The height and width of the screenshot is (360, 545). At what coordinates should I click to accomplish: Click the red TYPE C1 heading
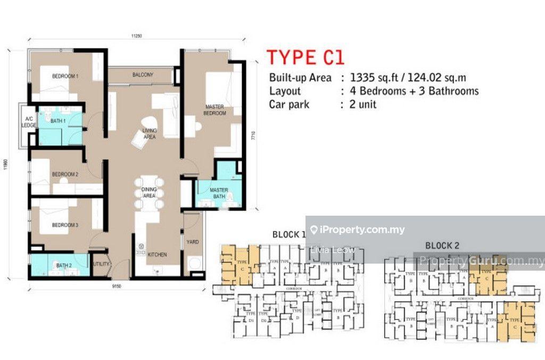click(x=305, y=57)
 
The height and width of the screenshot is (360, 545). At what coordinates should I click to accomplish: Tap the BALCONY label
click(x=143, y=75)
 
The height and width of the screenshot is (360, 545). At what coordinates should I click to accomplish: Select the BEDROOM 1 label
click(x=65, y=77)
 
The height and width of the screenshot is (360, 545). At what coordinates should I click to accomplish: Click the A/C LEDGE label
click(x=27, y=122)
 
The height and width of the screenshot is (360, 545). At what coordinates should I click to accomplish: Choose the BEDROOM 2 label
click(x=65, y=174)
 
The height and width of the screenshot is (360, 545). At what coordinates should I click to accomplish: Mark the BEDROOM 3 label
click(x=65, y=225)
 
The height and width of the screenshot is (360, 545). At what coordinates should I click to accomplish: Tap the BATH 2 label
click(x=64, y=265)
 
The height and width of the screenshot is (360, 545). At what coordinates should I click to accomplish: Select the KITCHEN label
click(x=157, y=255)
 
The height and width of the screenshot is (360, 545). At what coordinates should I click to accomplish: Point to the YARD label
click(x=193, y=242)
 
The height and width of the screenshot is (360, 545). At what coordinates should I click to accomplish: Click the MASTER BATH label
click(x=219, y=193)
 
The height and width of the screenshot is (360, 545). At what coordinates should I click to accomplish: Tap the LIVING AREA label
click(x=149, y=134)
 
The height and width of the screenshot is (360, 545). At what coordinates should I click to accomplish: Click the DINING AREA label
click(x=149, y=193)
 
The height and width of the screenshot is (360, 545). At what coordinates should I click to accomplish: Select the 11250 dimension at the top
click(x=136, y=36)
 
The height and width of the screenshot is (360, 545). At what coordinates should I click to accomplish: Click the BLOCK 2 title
click(x=442, y=246)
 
